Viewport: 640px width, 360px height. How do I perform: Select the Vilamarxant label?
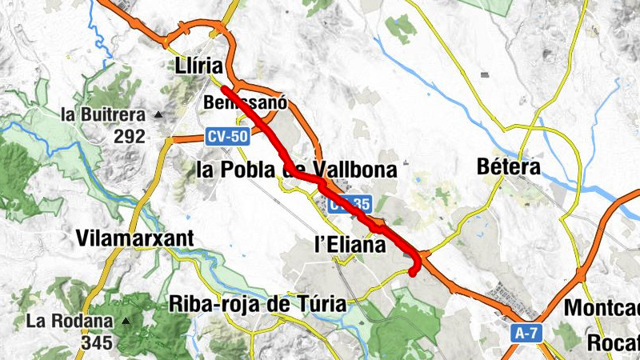tap(135, 238)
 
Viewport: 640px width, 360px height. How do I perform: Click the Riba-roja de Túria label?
tap(258, 304)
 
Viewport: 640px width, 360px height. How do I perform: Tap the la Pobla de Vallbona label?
tap(296, 170)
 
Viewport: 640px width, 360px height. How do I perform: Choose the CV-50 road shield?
tap(227, 137)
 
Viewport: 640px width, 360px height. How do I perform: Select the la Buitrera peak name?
tap(102, 114)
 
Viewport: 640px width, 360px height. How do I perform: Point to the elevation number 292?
tap(129, 136)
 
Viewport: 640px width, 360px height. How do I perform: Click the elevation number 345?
tap(96, 343)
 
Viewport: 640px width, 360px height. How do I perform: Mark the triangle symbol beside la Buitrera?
tap(158, 114)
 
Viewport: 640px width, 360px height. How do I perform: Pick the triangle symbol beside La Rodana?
tap(126, 322)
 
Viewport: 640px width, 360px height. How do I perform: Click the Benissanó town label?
tap(245, 104)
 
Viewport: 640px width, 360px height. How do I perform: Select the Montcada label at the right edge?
tap(602, 308)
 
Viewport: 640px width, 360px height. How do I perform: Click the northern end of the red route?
tap(222, 88)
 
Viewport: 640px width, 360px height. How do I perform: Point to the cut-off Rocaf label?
tap(613, 342)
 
